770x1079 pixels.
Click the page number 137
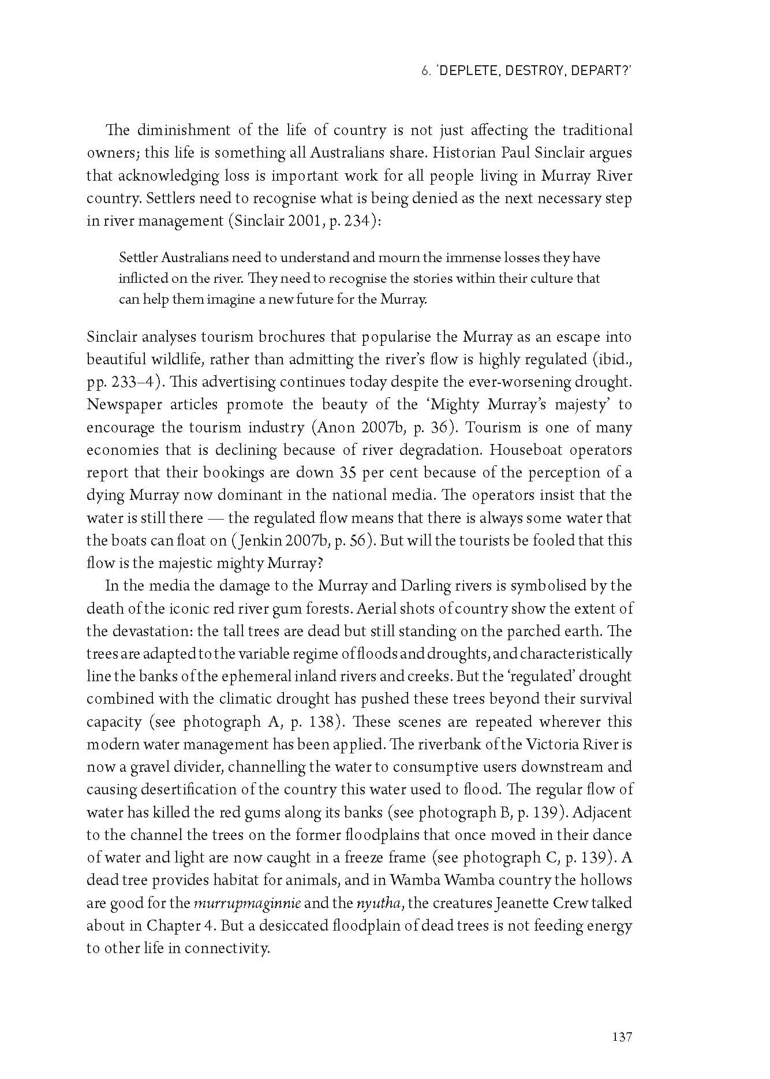coord(622,1037)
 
